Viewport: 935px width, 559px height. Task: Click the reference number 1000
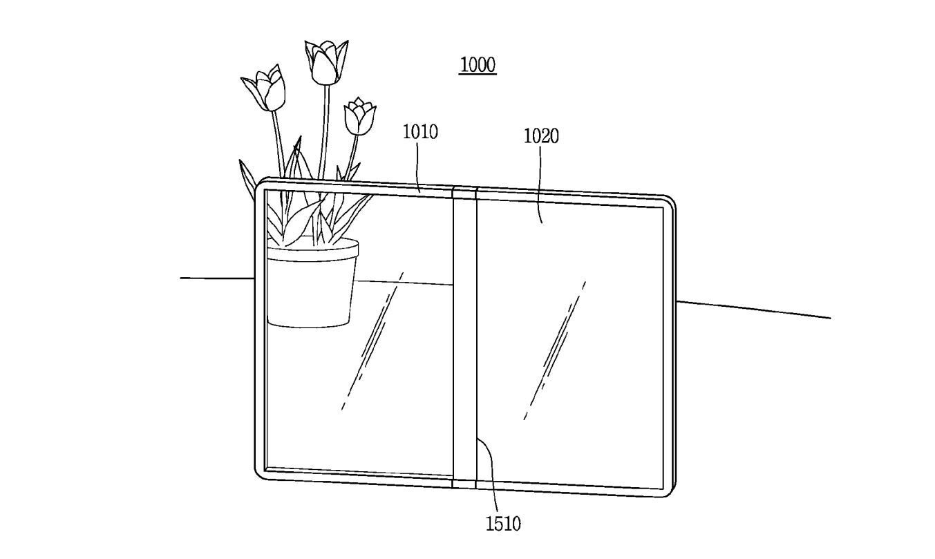click(478, 65)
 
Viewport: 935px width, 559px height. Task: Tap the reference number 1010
click(420, 131)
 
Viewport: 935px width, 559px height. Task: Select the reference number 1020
click(541, 136)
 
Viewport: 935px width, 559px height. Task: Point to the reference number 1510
click(503, 524)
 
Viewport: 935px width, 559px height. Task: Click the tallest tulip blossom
click(326, 61)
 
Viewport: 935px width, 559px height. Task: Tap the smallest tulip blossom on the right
click(360, 117)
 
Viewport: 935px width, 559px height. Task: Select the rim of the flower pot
click(312, 249)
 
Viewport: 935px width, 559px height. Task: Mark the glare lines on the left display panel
click(371, 339)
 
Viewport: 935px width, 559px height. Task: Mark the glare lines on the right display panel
click(554, 349)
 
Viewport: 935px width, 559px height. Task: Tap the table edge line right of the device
click(753, 309)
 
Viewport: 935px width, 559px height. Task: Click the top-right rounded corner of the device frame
click(668, 202)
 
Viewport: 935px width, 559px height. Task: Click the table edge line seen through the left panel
click(404, 283)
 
